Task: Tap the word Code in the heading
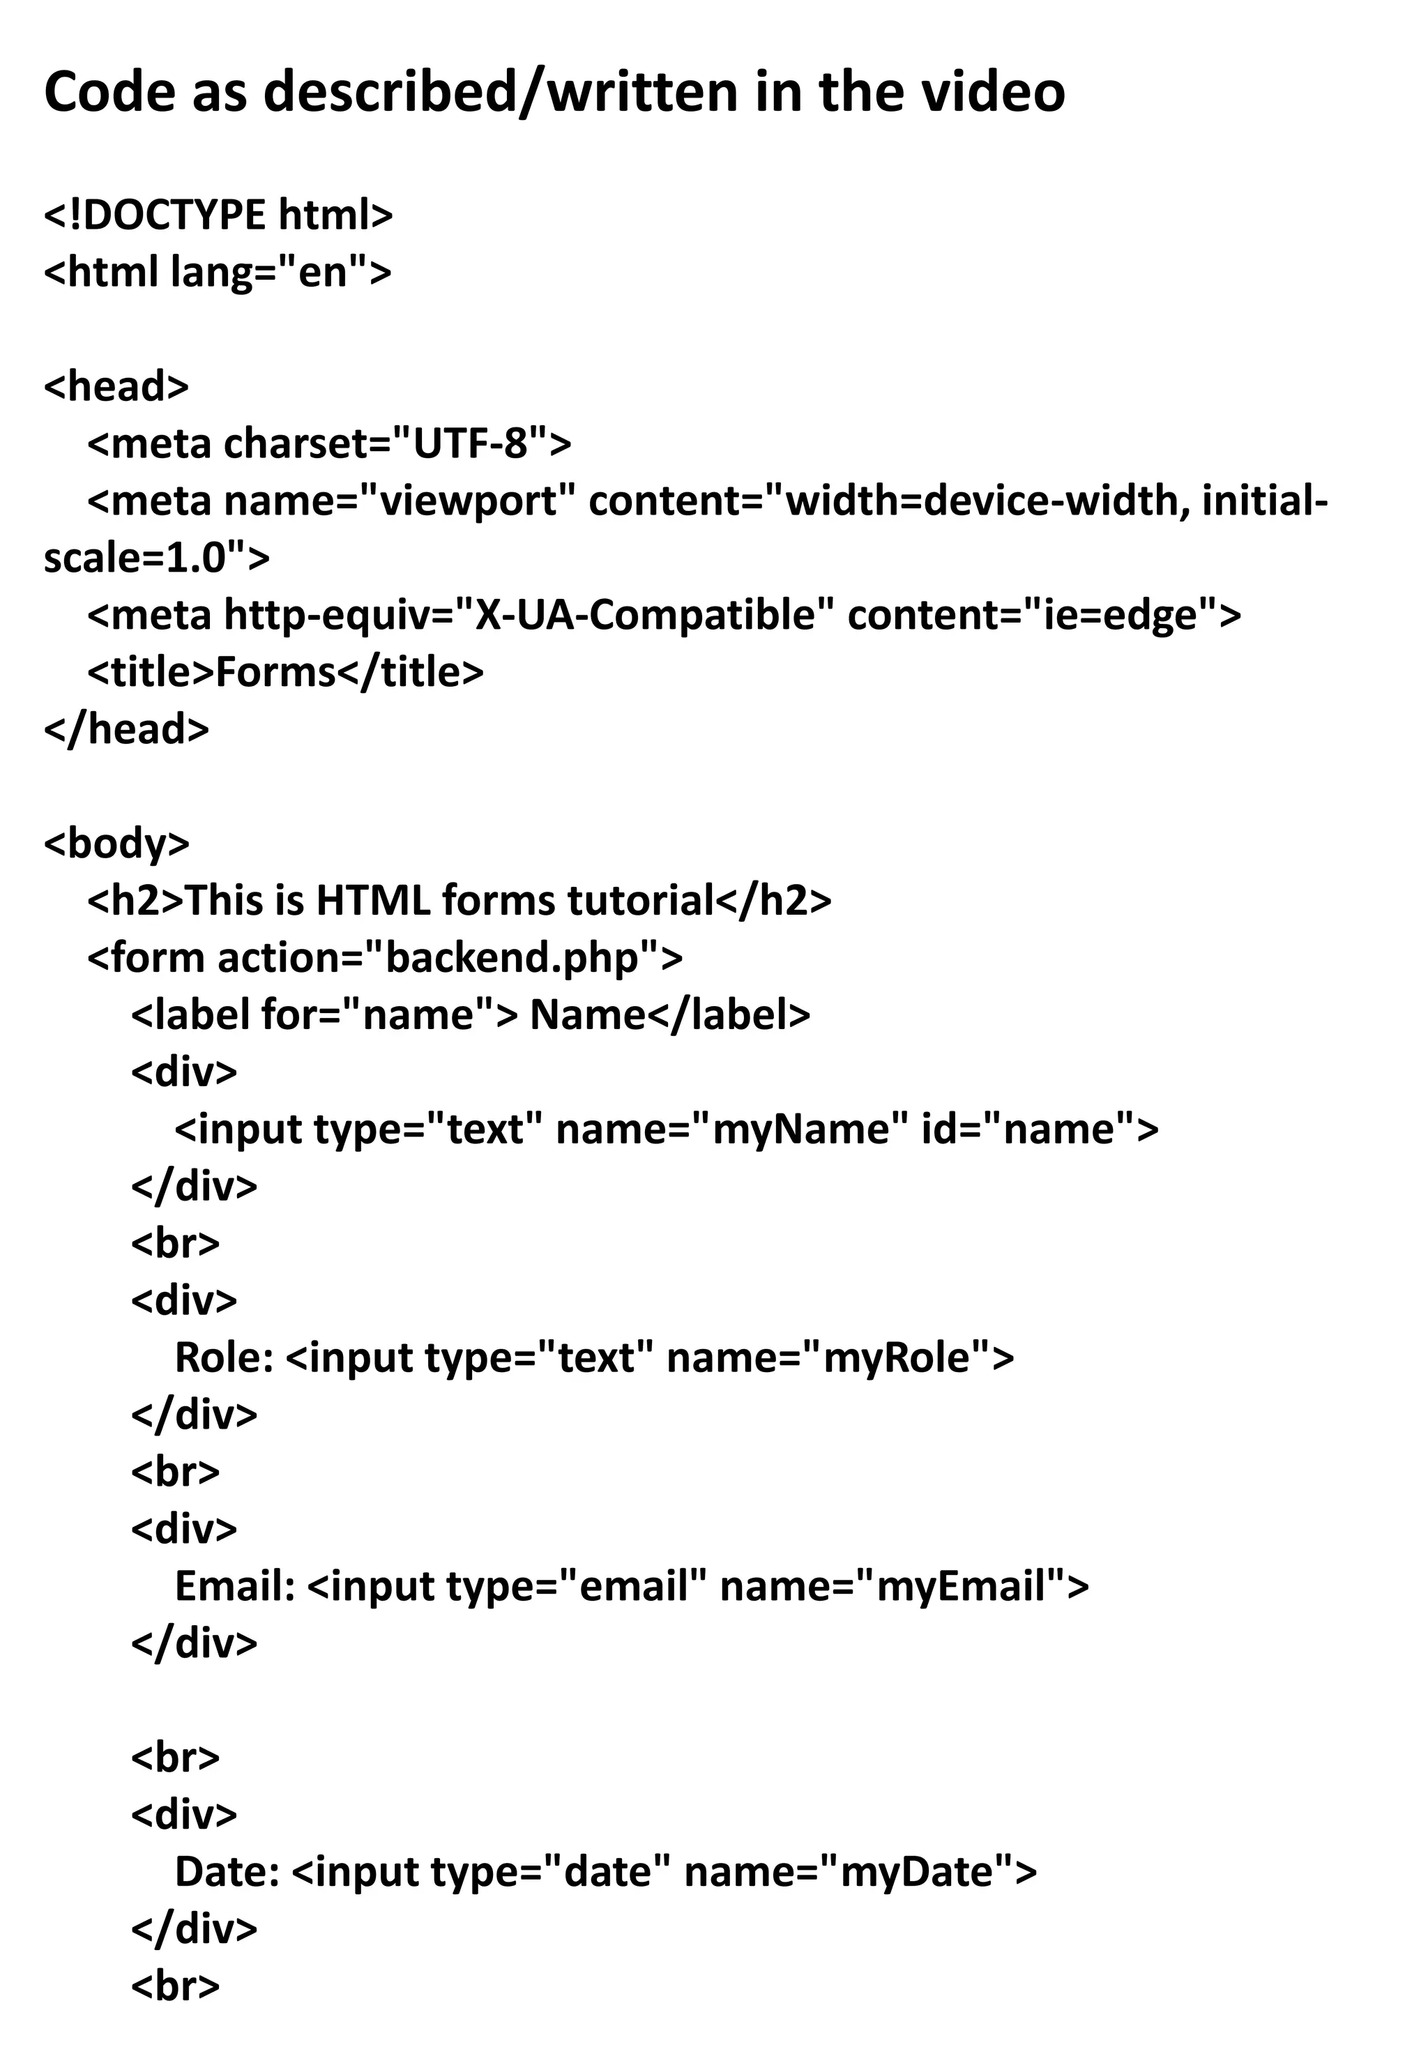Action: [109, 91]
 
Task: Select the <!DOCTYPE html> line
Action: [218, 215]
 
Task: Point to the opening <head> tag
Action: [116, 386]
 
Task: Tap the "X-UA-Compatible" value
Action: [645, 615]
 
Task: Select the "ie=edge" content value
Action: [1121, 615]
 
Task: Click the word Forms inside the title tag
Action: [275, 672]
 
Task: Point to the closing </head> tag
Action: [126, 729]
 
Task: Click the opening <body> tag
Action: [116, 843]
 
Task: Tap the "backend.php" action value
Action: [512, 957]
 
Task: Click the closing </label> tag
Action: [729, 1014]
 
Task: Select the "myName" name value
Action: [800, 1128]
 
